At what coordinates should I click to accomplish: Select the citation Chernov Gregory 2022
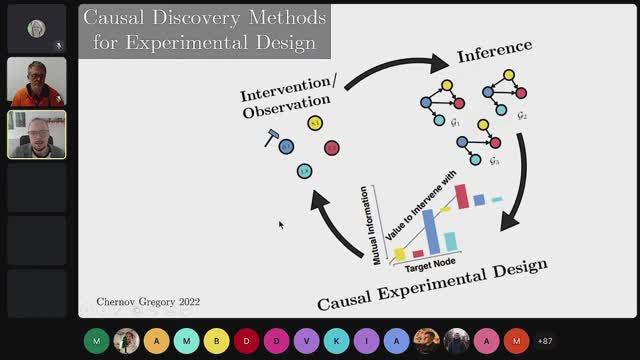148,301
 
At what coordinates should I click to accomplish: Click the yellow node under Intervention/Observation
315,123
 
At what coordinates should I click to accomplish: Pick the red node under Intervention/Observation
332,148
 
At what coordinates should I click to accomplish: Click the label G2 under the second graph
520,115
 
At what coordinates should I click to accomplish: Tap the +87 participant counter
545,340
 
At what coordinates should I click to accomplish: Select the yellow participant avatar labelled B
216,340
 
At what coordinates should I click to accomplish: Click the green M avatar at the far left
96,340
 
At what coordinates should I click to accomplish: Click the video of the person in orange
37,82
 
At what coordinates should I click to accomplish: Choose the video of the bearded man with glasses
37,135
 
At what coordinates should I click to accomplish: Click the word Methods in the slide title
276,17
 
